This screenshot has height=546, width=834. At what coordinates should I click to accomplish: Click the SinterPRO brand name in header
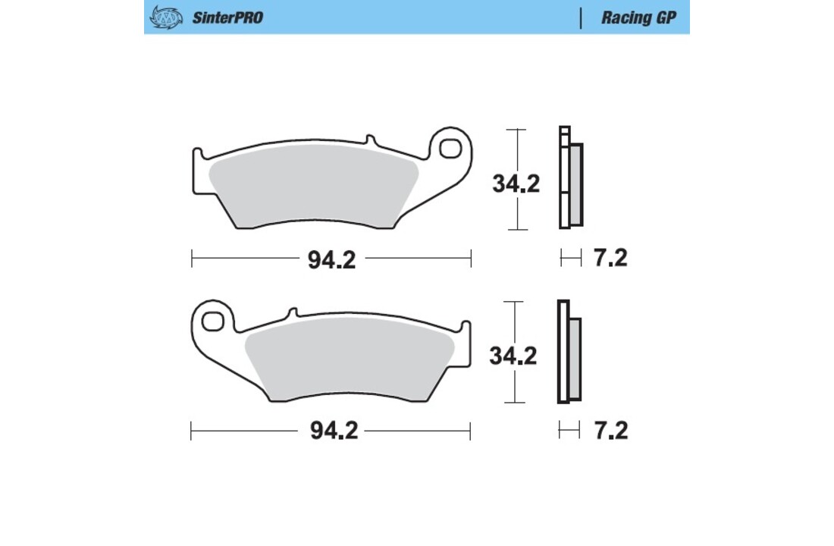click(x=227, y=17)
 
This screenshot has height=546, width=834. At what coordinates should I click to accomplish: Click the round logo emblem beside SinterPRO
click(x=166, y=17)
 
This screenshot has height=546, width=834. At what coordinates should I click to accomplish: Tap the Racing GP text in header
click(x=639, y=17)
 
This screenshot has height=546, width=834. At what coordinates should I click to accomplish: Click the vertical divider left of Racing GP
click(x=581, y=17)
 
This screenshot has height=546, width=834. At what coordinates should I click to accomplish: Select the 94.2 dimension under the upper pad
click(x=331, y=259)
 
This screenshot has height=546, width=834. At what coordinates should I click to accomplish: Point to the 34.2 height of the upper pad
click(x=516, y=184)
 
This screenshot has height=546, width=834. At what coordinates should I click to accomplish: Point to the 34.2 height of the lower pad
click(x=513, y=355)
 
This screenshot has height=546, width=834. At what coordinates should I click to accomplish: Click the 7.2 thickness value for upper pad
click(x=610, y=258)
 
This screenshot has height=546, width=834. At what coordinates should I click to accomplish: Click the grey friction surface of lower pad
click(x=349, y=357)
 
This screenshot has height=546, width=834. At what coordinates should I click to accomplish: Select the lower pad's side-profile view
click(x=569, y=352)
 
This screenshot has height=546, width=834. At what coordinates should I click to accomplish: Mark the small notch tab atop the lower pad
click(x=292, y=312)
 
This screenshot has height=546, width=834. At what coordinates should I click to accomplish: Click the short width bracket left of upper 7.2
click(x=570, y=258)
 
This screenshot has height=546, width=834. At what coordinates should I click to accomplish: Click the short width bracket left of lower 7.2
click(x=569, y=431)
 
